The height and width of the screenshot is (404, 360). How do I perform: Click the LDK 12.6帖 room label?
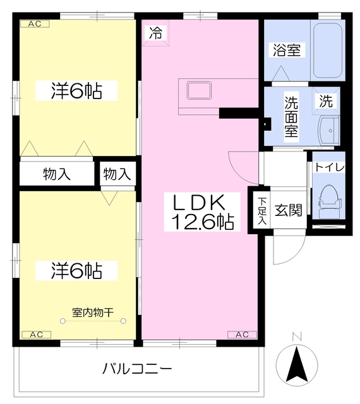click(x=200, y=211)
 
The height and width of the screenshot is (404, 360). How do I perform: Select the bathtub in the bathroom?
click(x=327, y=50)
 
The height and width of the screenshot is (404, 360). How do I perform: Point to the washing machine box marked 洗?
click(x=325, y=100)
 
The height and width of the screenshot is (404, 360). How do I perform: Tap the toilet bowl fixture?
click(x=329, y=196)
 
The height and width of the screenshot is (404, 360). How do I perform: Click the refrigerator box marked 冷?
click(x=155, y=33)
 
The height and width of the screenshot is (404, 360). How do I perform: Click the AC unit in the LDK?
click(x=242, y=334)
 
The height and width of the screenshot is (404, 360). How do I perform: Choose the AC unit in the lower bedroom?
click(x=35, y=334)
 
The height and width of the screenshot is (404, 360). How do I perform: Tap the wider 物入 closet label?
click(x=57, y=174)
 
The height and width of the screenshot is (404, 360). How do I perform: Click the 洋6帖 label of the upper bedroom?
click(x=76, y=91)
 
